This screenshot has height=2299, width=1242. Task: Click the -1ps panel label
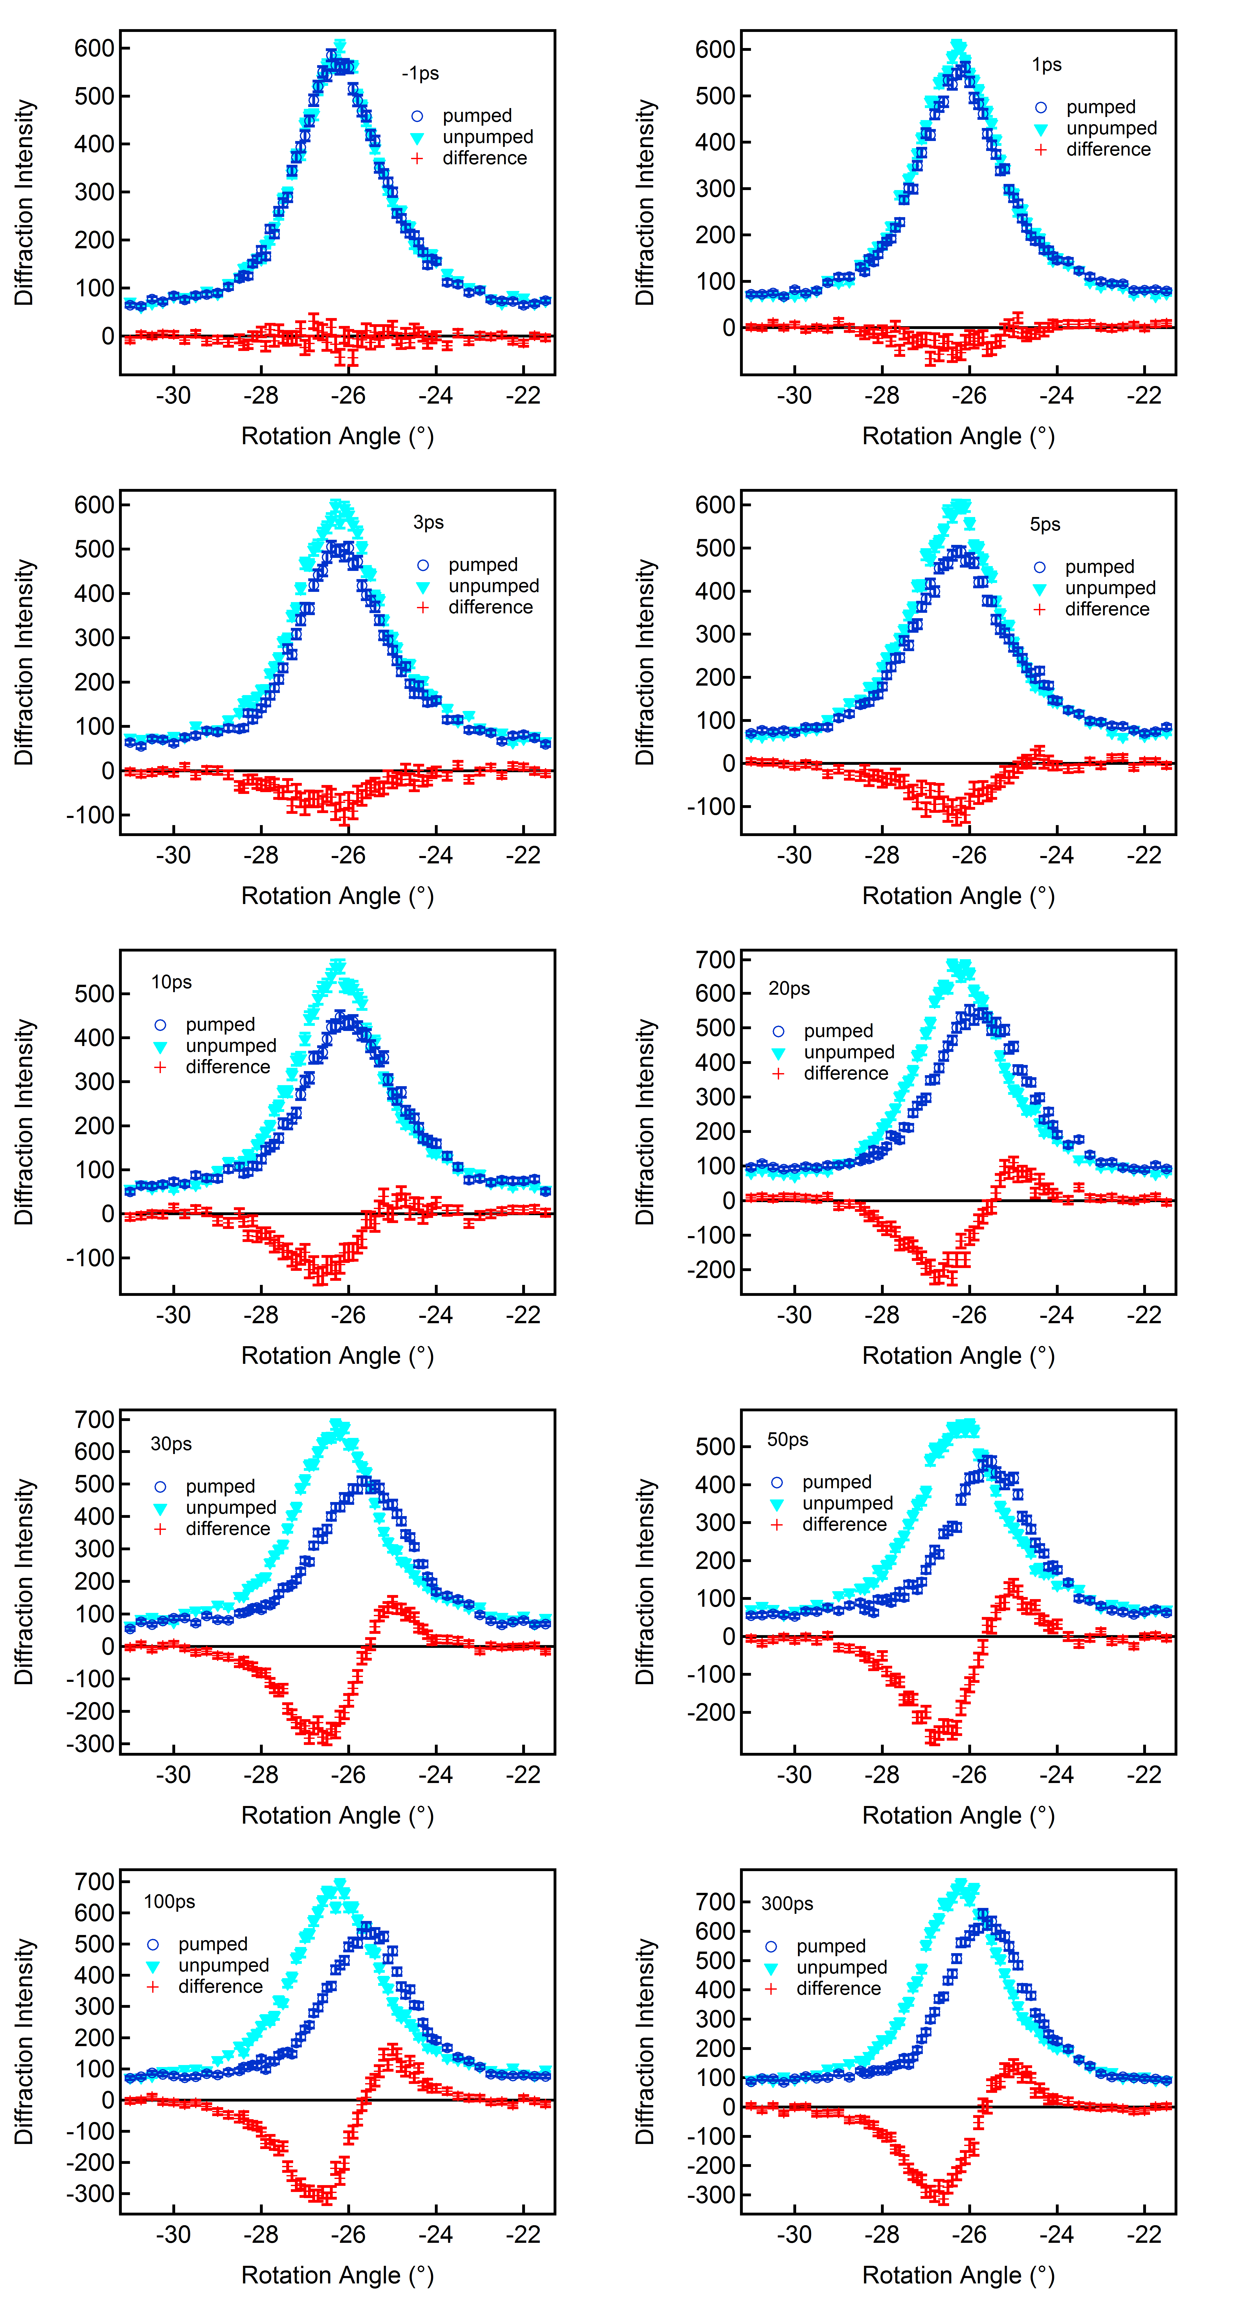point(420,73)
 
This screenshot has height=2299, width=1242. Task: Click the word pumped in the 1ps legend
point(1100,107)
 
